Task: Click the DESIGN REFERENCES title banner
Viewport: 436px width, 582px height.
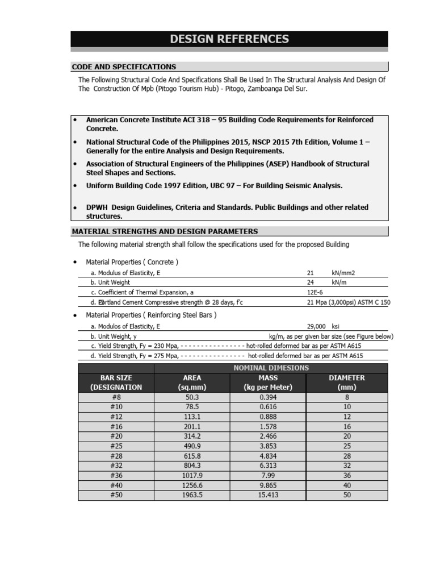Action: coord(229,39)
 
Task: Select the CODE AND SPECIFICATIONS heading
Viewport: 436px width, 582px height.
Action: coord(124,67)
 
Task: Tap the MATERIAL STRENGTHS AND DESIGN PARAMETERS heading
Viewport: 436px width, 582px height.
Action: coord(165,231)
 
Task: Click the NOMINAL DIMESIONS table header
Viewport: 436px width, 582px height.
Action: coord(271,368)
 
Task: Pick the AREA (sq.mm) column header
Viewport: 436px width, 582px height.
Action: coord(192,383)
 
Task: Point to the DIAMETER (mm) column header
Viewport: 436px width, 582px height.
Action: coord(347,383)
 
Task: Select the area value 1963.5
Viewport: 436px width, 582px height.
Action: coord(192,495)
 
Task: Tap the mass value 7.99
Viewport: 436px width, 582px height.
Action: coord(268,475)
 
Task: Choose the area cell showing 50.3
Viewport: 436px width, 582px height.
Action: coord(192,397)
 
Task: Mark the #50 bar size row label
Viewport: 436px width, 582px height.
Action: coord(116,495)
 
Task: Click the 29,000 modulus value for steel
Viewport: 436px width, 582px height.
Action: coord(316,327)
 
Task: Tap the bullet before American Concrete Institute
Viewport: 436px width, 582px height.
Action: coord(74,120)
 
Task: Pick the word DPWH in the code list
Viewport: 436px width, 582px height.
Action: coord(97,207)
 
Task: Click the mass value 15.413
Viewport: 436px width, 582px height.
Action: coord(268,495)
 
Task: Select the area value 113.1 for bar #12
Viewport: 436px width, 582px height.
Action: coord(192,417)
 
